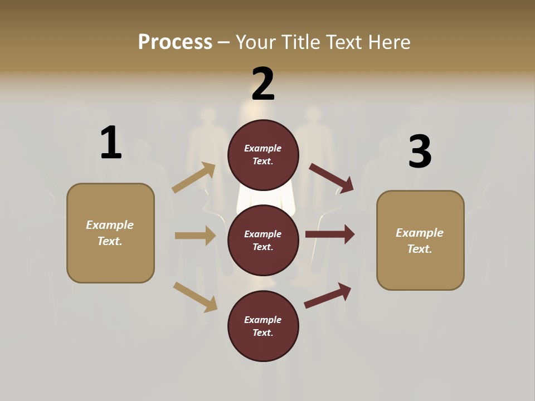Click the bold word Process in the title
tap(175, 42)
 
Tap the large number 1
tap(111, 143)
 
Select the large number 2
tap(263, 84)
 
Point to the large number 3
tap(420, 151)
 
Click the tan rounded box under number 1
tap(110, 233)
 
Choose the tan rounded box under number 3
tap(420, 240)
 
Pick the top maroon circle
tap(263, 155)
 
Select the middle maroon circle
tap(263, 240)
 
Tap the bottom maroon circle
tap(263, 326)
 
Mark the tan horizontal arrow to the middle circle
tap(195, 236)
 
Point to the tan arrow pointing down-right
tap(195, 297)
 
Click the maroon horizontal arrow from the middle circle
tap(330, 234)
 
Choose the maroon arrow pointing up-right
tap(328, 296)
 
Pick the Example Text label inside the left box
tap(110, 233)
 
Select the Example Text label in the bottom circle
tap(263, 326)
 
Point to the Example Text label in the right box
tap(420, 241)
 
